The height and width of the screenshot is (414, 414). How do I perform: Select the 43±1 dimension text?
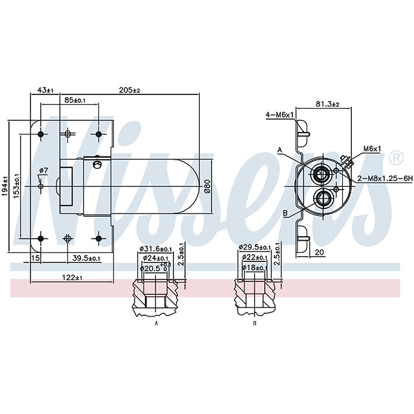pos(45,91)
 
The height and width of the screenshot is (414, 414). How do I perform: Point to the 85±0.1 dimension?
pos(75,100)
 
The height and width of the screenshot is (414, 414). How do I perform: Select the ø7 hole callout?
pos(43,171)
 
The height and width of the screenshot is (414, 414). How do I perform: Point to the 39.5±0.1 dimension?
pos(85,258)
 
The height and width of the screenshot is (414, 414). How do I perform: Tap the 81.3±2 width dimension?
pos(327,103)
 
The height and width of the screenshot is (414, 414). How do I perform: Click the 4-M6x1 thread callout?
pos(279,114)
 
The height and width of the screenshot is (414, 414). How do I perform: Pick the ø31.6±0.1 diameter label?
pos(155,248)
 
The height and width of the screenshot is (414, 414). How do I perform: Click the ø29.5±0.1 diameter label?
pos(255,247)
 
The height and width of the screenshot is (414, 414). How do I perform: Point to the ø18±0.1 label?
pos(254,267)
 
